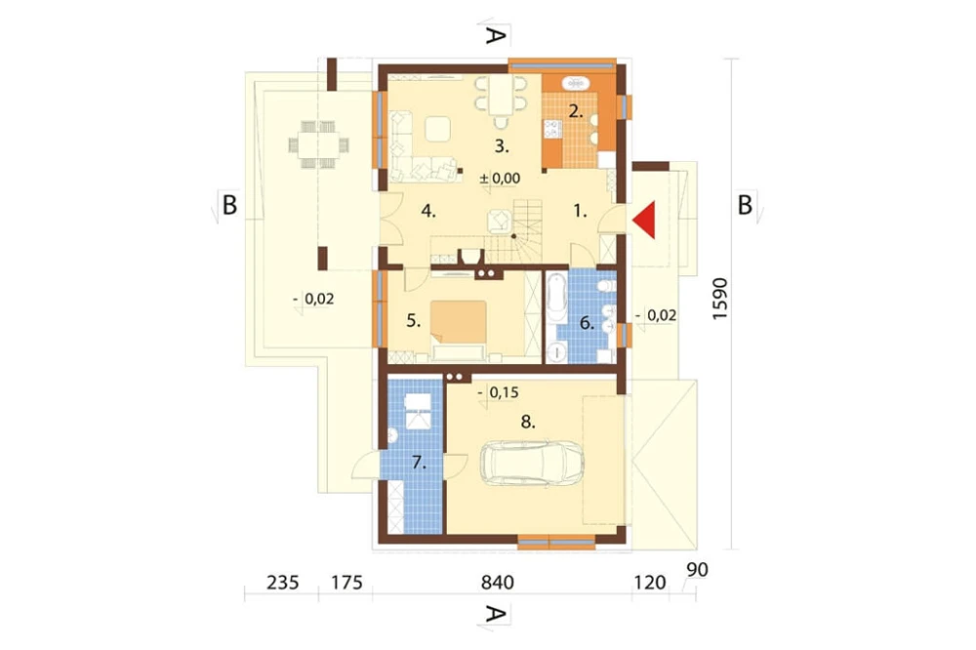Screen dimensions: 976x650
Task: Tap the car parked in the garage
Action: (532, 464)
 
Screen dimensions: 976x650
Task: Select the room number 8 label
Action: (528, 423)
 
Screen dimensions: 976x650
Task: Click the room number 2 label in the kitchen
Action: (576, 112)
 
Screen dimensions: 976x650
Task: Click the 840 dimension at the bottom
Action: (498, 582)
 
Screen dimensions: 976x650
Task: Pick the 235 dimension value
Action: (283, 582)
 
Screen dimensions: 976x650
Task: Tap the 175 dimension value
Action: (346, 582)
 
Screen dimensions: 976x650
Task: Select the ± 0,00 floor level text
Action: (500, 178)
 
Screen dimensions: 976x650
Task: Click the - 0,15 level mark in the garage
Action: (499, 393)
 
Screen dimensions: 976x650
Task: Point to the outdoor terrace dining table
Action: (319, 145)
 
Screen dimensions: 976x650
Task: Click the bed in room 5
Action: (460, 331)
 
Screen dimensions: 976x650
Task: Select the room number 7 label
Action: (419, 463)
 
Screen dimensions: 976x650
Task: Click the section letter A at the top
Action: (494, 36)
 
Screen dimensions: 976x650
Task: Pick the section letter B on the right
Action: (745, 205)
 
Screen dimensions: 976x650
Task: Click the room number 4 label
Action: (428, 211)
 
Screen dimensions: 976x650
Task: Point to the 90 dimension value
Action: (698, 570)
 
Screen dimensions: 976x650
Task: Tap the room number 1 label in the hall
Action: (580, 212)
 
